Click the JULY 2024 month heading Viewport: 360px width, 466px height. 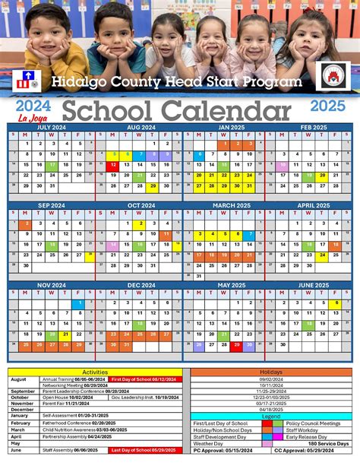point(52,127)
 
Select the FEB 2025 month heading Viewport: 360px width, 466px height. point(314,127)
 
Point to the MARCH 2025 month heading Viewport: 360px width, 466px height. point(226,205)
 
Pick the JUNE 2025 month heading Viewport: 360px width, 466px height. point(314,284)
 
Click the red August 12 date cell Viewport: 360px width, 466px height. point(112,164)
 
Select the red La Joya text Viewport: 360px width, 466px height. point(28,118)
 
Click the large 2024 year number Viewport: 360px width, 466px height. point(30,105)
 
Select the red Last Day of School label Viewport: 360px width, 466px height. point(145,449)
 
